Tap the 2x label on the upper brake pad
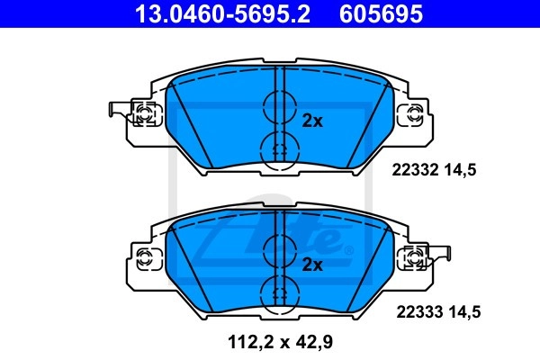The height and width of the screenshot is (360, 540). [x=312, y=120]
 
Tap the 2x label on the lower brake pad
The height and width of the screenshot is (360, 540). [x=312, y=264]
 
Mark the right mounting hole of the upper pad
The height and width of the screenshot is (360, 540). [x=413, y=114]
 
